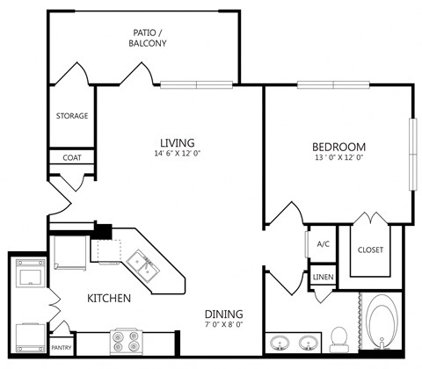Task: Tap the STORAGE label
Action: (70, 116)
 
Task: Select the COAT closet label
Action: (71, 158)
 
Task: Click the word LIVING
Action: (177, 142)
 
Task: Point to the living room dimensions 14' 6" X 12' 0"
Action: (177, 155)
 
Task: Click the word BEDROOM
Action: (338, 146)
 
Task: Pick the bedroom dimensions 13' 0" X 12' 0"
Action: (338, 158)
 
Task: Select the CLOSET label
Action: (370, 250)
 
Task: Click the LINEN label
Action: (323, 279)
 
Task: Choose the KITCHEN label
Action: (109, 299)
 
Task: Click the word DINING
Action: (224, 315)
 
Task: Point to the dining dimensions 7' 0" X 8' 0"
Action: (224, 326)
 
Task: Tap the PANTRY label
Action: (61, 347)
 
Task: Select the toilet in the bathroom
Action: (338, 338)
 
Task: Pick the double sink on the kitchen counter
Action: (140, 262)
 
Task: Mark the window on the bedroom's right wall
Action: (412, 155)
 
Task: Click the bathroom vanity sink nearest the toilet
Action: (309, 342)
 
